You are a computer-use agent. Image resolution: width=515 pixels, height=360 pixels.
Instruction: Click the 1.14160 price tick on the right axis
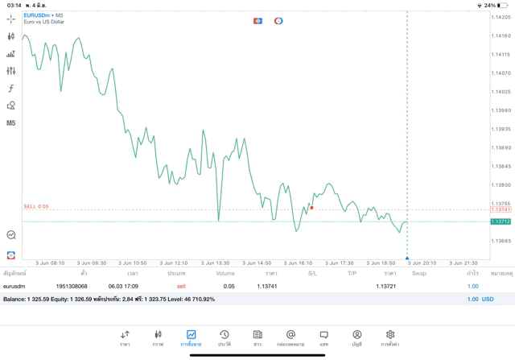click(x=501, y=35)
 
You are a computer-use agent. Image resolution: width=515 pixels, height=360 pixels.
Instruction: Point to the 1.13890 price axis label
click(x=501, y=147)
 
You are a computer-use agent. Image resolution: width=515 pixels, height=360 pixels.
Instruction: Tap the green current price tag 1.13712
click(x=501, y=221)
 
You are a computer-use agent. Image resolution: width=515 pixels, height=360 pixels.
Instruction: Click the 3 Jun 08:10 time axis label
click(x=50, y=263)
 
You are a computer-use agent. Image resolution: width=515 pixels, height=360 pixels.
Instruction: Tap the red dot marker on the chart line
click(x=311, y=208)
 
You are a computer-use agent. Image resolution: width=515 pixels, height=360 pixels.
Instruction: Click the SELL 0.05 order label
click(x=36, y=206)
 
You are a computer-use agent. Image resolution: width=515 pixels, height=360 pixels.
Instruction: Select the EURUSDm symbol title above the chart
click(x=36, y=15)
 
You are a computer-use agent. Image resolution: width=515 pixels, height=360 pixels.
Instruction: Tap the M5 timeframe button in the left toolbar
click(x=11, y=123)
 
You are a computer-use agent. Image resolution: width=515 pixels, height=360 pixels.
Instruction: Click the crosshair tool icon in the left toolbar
click(x=11, y=19)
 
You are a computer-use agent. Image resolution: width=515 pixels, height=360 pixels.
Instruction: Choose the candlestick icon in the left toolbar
click(x=11, y=36)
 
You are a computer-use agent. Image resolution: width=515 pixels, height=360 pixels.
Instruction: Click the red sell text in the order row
click(x=181, y=286)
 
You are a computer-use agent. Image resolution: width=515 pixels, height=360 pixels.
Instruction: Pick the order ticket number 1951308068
click(x=72, y=286)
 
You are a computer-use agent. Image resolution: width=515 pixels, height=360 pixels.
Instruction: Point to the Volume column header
click(x=225, y=274)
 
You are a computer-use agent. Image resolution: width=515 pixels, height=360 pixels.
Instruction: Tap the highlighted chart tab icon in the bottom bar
click(x=191, y=335)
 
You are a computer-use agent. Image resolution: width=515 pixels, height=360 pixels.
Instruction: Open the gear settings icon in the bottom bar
click(x=389, y=335)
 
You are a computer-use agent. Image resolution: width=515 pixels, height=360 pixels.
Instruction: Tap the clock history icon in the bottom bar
click(x=224, y=335)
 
